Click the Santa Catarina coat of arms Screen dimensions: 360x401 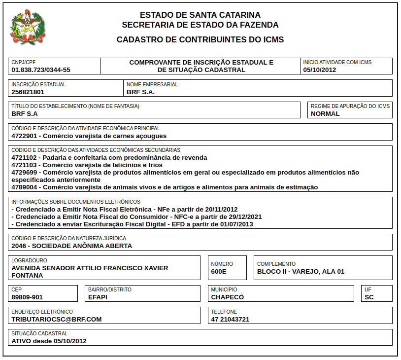click(28, 28)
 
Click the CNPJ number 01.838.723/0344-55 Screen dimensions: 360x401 click(41, 70)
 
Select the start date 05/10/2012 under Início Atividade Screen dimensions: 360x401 click(319, 70)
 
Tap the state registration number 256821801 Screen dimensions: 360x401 click(28, 92)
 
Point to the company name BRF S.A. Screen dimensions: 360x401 click(140, 92)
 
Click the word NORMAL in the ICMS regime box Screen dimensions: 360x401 click(325, 113)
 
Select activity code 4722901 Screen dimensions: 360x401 click(24, 136)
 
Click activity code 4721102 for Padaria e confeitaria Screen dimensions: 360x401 click(24, 158)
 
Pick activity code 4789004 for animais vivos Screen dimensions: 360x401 click(24, 187)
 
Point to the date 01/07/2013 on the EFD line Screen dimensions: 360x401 click(236, 224)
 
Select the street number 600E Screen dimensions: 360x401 click(219, 271)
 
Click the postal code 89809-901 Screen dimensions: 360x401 click(27, 297)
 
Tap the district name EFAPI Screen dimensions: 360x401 click(98, 297)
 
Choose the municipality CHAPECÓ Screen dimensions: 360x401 click(228, 297)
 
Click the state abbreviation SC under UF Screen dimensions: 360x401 click(369, 297)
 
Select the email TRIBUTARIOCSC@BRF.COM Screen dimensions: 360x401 click(57, 319)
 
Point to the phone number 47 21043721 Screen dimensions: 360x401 click(230, 319)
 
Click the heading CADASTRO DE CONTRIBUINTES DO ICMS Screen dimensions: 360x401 click(200, 39)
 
